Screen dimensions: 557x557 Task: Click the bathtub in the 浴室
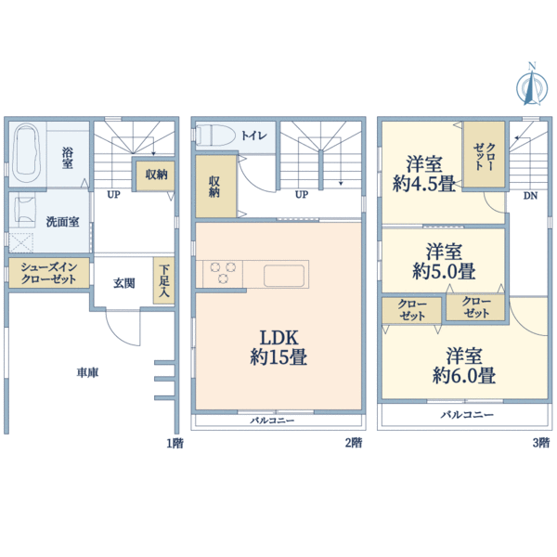pos(26,153)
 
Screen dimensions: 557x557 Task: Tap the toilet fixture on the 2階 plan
pos(216,135)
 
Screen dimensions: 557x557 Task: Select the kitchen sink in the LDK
pos(284,276)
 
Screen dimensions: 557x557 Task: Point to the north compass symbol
pos(532,84)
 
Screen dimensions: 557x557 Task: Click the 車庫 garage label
pos(87,372)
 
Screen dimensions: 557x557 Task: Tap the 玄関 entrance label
pos(124,283)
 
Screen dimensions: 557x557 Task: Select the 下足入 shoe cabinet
pos(163,280)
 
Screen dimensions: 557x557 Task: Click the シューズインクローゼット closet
pos(49,273)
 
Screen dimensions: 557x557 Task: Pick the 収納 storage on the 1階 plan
pos(156,175)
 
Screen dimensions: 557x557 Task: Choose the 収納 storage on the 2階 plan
pos(215,187)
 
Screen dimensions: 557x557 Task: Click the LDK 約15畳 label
pos(278,347)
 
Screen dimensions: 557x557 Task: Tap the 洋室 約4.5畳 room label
pos(424,174)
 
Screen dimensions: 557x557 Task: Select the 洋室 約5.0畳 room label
pos(444,261)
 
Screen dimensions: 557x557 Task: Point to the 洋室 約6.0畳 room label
pos(464,366)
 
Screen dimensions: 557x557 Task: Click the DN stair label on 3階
pos(530,195)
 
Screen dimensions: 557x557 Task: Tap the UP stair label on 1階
pos(113,194)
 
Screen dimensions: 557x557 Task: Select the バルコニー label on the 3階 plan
pos(467,415)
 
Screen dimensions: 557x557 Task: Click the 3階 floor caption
pos(541,443)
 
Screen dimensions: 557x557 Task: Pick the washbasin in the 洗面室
pos(24,210)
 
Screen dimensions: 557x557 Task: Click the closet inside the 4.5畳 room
pos(484,155)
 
